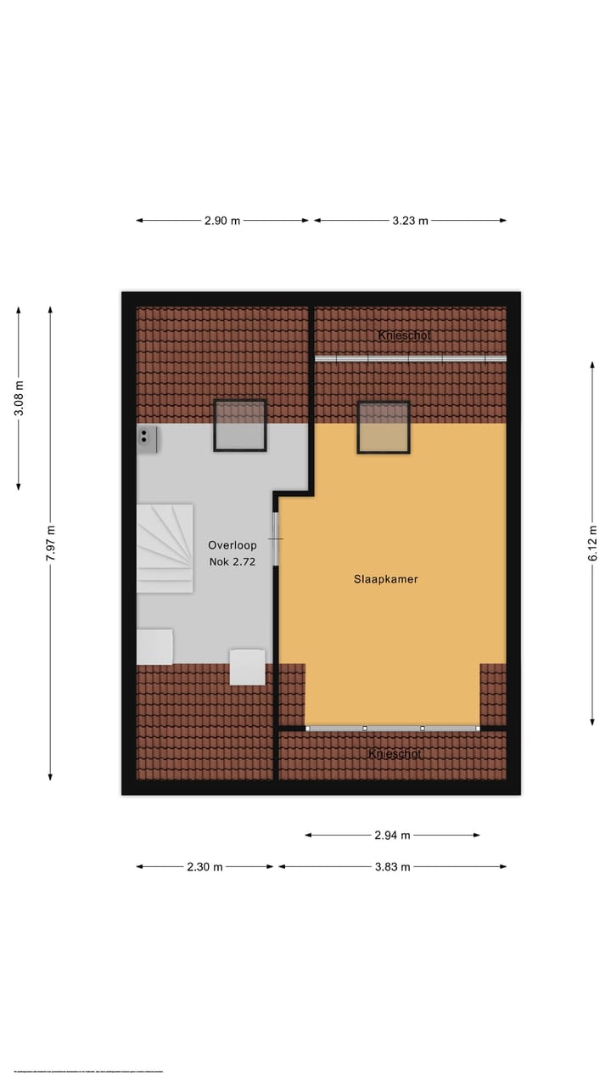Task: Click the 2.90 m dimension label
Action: tap(222, 221)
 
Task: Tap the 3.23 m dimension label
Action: tap(410, 221)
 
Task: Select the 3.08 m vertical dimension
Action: tap(19, 397)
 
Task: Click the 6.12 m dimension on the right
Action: tap(592, 543)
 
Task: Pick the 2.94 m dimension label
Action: tap(392, 835)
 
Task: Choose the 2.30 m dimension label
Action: tap(205, 867)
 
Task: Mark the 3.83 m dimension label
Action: tap(392, 867)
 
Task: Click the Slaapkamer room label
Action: tap(386, 580)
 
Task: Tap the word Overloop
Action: tap(233, 545)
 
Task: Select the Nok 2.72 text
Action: tap(233, 561)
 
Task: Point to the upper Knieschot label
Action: tap(405, 335)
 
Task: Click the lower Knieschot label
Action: tap(395, 754)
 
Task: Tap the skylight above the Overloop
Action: tap(239, 425)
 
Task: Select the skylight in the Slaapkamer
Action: tap(384, 427)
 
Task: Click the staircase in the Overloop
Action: tap(165, 548)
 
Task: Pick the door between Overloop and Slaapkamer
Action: tap(276, 539)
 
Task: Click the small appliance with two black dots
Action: tap(148, 439)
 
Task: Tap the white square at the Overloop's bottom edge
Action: tap(247, 667)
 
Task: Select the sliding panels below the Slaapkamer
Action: tap(392, 729)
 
